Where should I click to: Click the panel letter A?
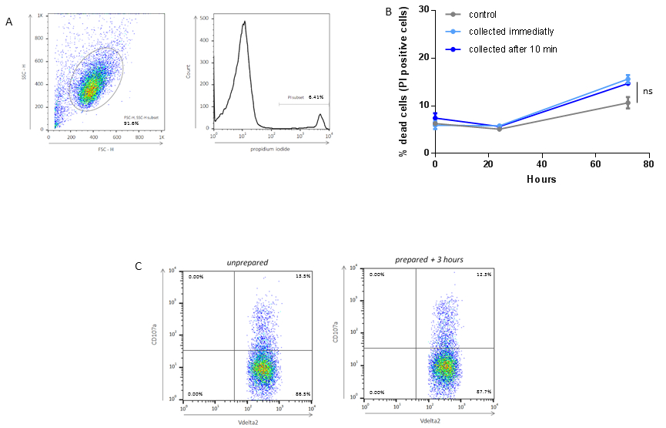pyautogui.click(x=8, y=22)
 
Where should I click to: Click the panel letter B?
pyautogui.click(x=389, y=12)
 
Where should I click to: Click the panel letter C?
pyautogui.click(x=139, y=267)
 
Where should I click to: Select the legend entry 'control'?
pyautogui.click(x=483, y=14)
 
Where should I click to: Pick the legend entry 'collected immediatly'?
pyautogui.click(x=509, y=32)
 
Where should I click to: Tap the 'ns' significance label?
pyautogui.click(x=648, y=90)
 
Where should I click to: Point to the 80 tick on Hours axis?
pyautogui.click(x=648, y=164)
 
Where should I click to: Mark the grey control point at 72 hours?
pyautogui.click(x=628, y=103)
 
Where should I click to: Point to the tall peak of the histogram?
pyautogui.click(x=244, y=23)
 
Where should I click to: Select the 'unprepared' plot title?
pyautogui.click(x=248, y=263)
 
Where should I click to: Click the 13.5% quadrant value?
pyautogui.click(x=302, y=276)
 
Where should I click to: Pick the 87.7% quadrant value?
pyautogui.click(x=484, y=393)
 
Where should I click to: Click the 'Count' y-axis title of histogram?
pyautogui.click(x=189, y=72)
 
